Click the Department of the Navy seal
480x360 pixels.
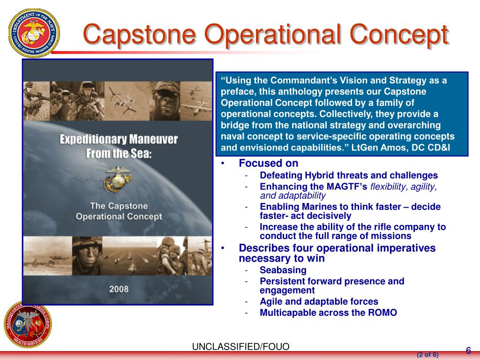(34, 31)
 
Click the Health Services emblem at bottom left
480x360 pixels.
(28, 324)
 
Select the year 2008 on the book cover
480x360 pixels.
(119, 289)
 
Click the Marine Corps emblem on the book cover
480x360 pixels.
(118, 179)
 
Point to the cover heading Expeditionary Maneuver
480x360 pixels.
(119, 139)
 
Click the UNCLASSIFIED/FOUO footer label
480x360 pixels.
(240, 347)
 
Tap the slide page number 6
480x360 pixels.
(468, 351)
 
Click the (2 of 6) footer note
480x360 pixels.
(427, 355)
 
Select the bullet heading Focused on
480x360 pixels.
(268, 163)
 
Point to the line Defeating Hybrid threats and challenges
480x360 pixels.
(349, 175)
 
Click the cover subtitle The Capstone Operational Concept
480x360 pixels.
(119, 211)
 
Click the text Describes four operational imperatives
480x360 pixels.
(337, 248)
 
